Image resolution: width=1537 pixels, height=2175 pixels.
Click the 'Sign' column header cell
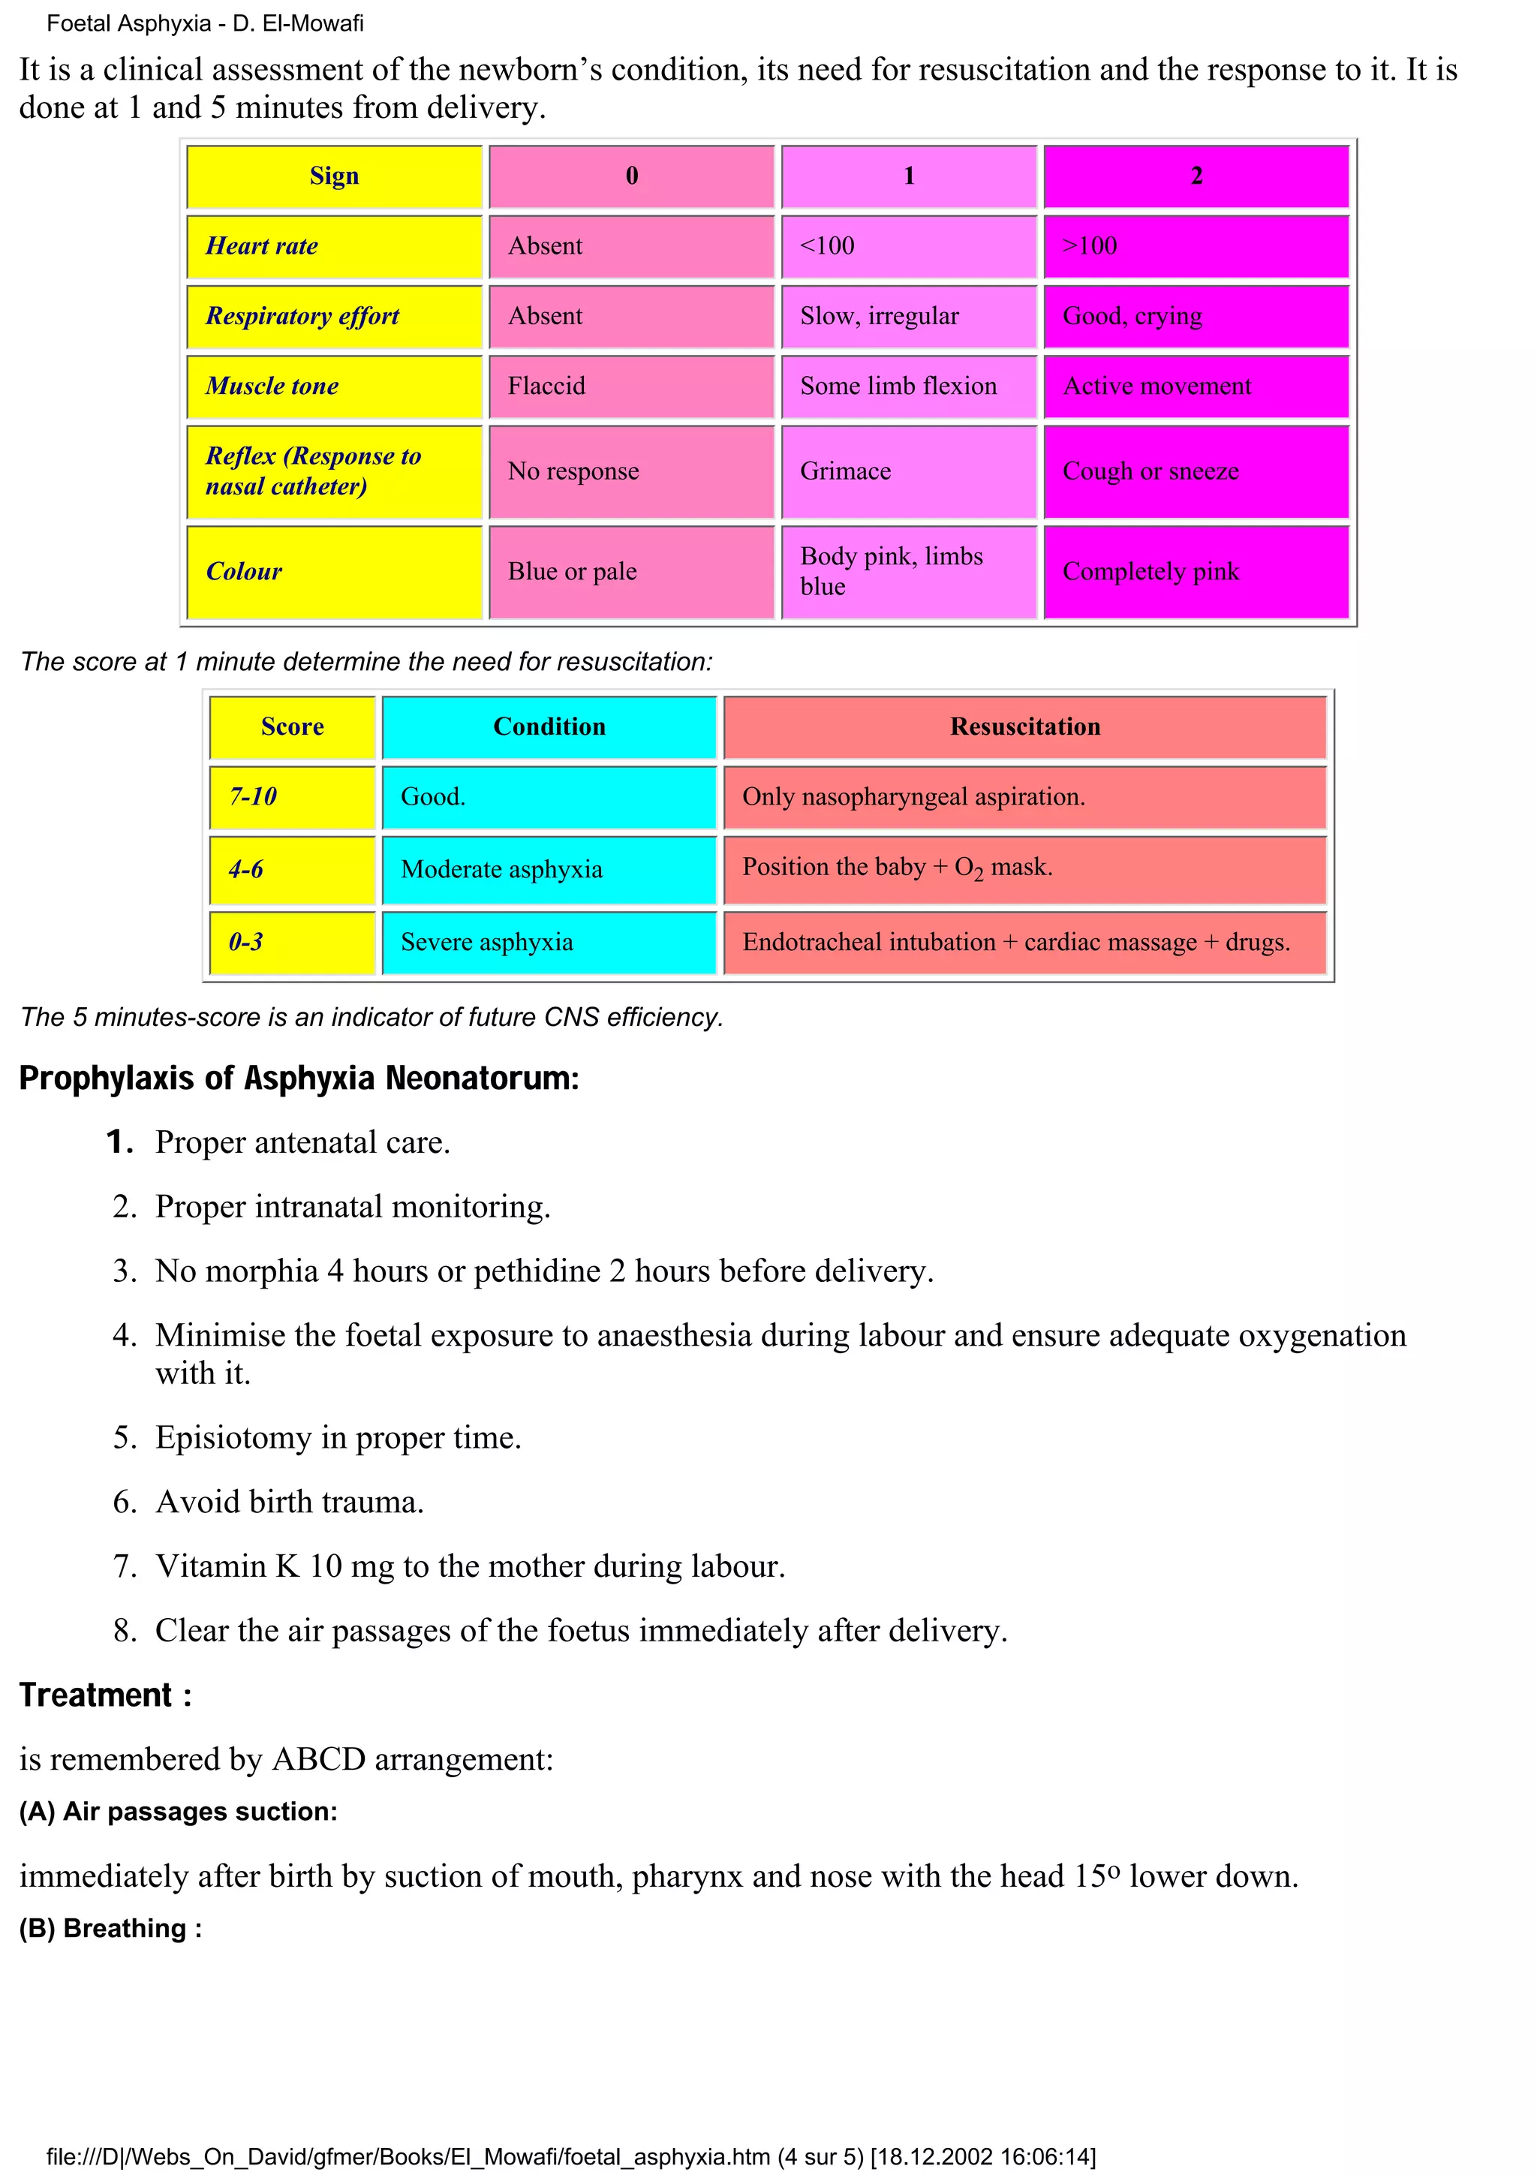pos(334,176)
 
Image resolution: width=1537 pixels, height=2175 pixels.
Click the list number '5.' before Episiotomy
pos(125,1438)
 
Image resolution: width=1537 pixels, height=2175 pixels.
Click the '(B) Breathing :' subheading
pos(111,1929)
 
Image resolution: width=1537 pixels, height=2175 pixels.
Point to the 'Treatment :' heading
pos(105,1695)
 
